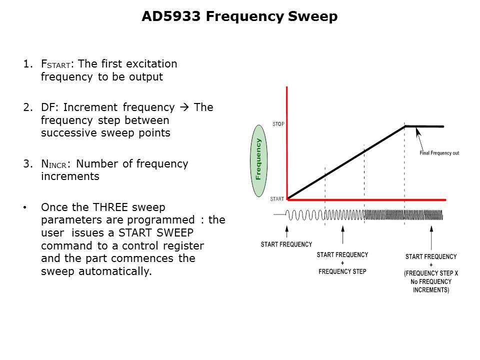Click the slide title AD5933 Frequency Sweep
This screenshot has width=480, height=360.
(239, 16)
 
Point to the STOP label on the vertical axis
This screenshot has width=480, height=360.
(278, 123)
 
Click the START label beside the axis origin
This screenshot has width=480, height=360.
(277, 199)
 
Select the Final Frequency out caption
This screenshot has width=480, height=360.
(439, 153)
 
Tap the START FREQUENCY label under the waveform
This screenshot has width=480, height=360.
(286, 244)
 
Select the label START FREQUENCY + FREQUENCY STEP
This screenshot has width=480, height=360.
(342, 263)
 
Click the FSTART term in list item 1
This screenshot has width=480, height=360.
(56, 64)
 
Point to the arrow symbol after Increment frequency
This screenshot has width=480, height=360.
(184, 107)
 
